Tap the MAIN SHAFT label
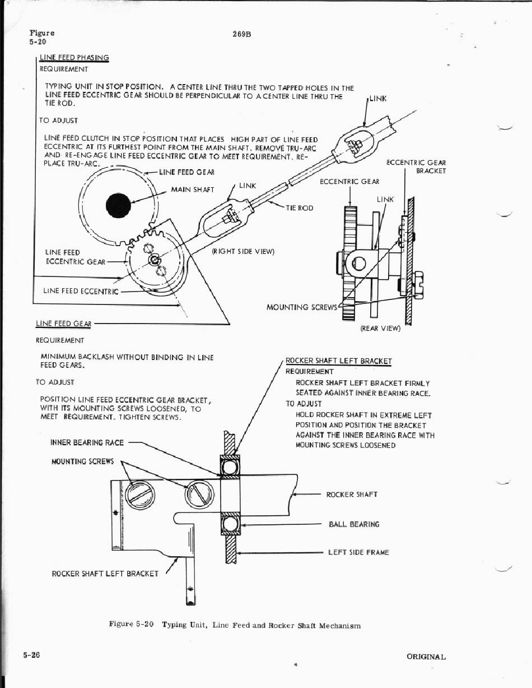pos(192,190)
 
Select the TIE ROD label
pos(300,208)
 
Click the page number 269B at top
pos(241,34)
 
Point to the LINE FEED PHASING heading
pos(74,58)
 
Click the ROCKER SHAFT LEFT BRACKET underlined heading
pos(338,361)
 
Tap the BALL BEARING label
pos(354,524)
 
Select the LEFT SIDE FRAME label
pos(358,552)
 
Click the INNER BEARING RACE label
pos(87,442)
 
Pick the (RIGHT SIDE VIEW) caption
pos(243,251)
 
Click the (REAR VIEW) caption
pos(380,329)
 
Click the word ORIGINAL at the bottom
pos(426,657)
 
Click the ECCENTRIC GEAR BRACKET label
pos(417,167)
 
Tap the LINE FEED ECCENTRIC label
pos(81,291)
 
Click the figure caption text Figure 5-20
pos(131,625)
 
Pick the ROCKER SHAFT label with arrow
pos(352,495)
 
